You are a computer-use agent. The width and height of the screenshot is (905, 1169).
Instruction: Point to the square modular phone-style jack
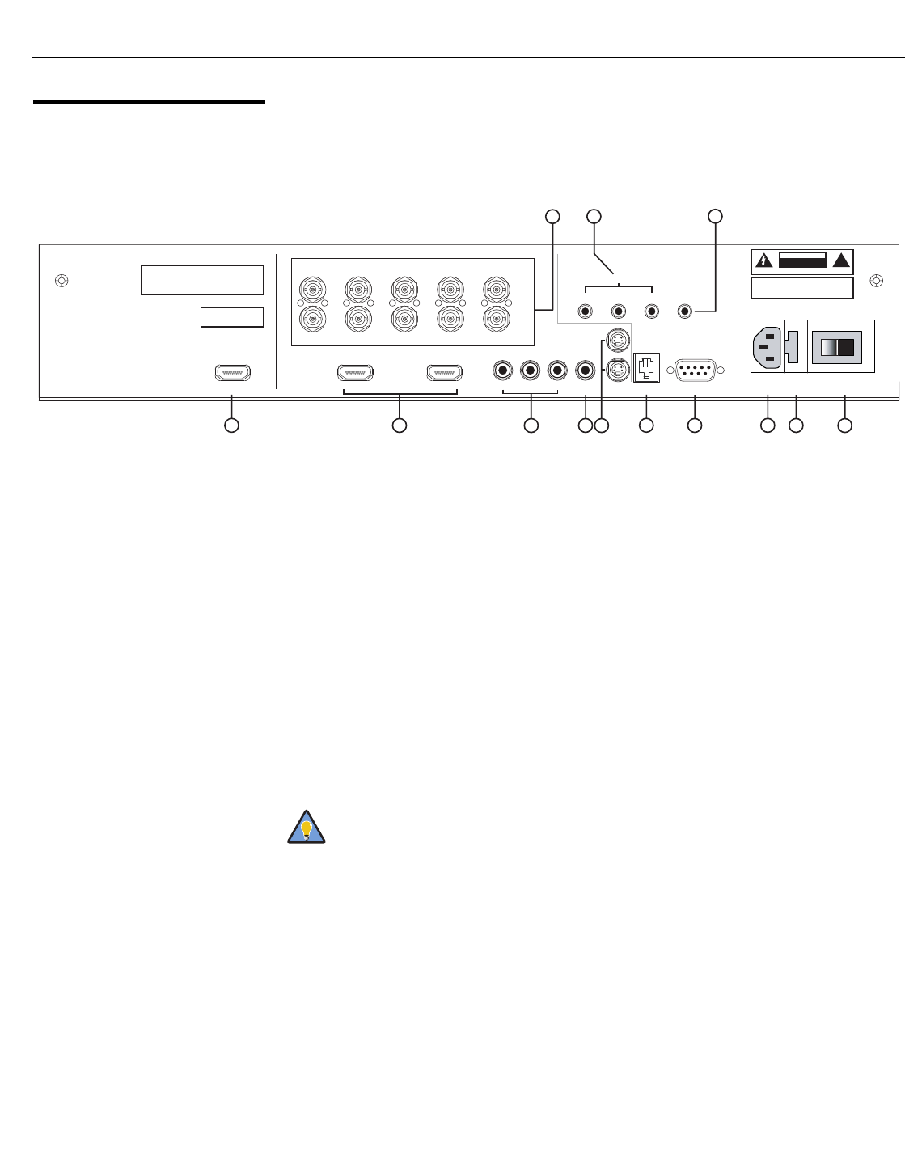coord(647,368)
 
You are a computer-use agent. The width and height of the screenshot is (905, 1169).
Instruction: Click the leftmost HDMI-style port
coord(233,373)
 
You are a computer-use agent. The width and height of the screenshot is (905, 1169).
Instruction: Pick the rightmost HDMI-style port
coord(445,373)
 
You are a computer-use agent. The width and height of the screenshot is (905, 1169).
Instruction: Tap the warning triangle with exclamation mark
coord(764,260)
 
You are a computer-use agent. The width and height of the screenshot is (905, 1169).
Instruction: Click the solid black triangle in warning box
coord(843,260)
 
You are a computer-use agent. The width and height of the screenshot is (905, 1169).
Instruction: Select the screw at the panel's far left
coord(61,282)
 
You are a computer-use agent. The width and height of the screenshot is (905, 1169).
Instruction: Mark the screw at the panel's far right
coord(875,282)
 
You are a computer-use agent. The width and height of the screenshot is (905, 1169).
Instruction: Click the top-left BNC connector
coord(311,288)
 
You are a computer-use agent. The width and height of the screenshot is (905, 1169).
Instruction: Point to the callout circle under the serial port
coord(694,425)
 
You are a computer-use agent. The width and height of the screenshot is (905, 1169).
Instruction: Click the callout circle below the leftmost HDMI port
coord(231,425)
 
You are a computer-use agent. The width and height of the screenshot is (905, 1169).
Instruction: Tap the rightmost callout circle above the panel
coord(715,216)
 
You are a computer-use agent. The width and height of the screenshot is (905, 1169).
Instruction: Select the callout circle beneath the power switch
coord(844,425)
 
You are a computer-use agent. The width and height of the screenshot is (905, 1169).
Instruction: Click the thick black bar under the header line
coord(149,102)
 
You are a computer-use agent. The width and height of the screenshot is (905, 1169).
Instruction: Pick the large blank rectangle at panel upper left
coord(202,280)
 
